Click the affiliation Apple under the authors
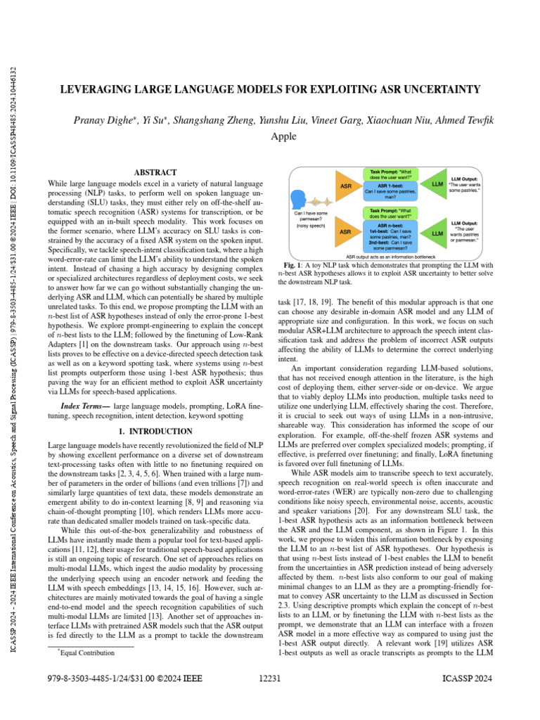(x=283, y=136)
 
